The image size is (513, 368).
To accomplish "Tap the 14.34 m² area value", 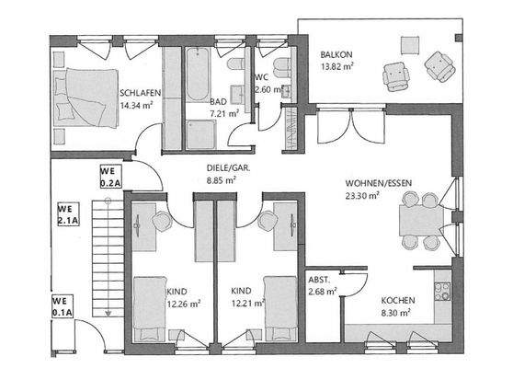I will click(135, 105).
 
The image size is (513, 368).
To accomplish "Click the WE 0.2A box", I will click(112, 176).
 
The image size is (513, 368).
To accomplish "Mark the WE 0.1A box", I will click(63, 305).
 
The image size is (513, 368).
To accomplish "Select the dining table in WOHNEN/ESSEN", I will click(416, 221).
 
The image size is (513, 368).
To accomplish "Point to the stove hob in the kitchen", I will click(442, 292).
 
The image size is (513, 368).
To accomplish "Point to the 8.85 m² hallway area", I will click(222, 181).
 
